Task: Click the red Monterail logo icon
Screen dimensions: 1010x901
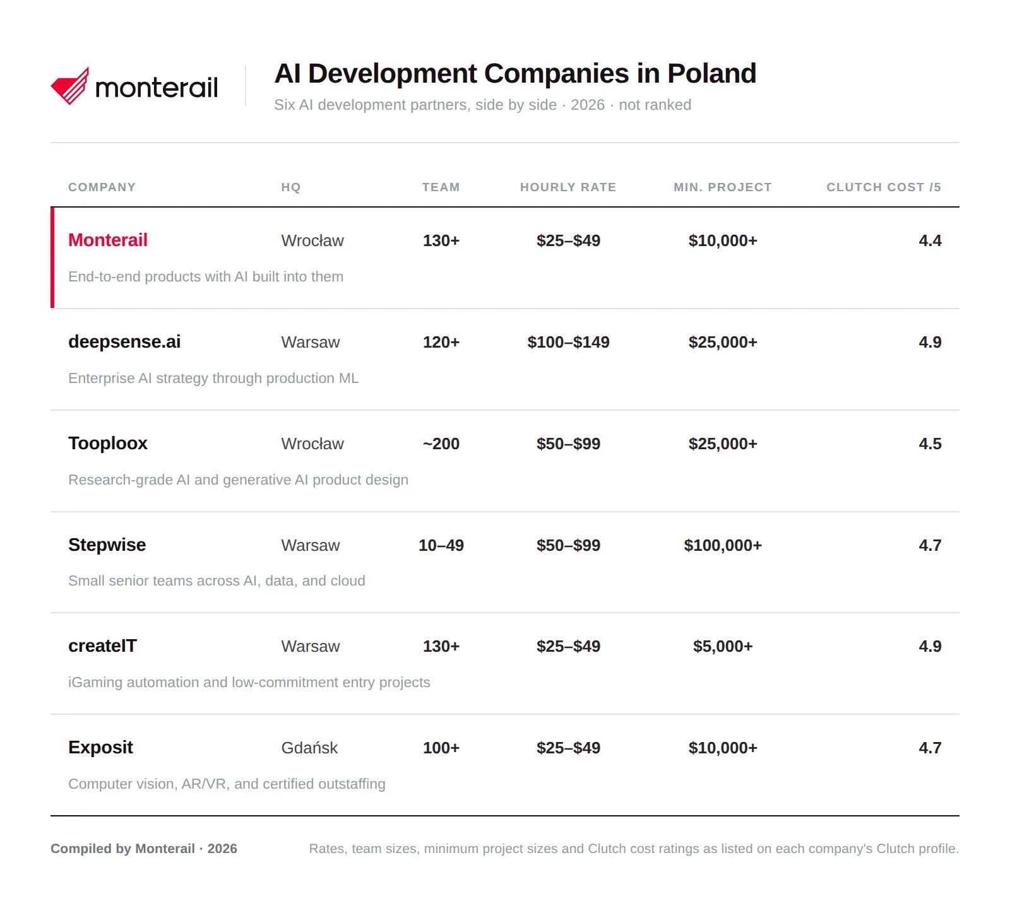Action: [70, 86]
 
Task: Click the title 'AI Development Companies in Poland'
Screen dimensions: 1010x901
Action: [515, 73]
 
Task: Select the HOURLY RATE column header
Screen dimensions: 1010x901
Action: [568, 187]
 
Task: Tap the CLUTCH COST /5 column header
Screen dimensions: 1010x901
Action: [884, 187]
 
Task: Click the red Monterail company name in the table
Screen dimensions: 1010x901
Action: [108, 240]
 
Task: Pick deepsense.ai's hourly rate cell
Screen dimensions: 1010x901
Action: [568, 342]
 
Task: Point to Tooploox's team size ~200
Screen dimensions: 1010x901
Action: [441, 444]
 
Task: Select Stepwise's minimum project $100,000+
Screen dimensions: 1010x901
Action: [723, 545]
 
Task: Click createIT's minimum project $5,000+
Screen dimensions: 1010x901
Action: [723, 646]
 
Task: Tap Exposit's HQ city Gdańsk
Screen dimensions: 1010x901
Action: [309, 748]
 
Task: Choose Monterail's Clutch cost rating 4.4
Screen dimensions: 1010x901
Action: [930, 240]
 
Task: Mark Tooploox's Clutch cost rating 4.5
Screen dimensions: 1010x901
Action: [930, 444]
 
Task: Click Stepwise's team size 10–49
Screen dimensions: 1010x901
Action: [441, 545]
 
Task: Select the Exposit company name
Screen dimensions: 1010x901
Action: [100, 748]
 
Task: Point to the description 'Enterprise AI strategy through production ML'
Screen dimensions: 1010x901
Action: [213, 378]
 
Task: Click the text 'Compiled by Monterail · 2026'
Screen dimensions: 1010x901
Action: [144, 849]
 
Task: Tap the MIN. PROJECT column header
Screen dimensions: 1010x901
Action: [723, 187]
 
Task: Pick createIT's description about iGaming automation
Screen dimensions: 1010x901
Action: [249, 682]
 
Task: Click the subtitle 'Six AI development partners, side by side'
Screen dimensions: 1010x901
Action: [415, 105]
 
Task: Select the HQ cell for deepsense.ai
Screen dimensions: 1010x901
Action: [311, 342]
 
